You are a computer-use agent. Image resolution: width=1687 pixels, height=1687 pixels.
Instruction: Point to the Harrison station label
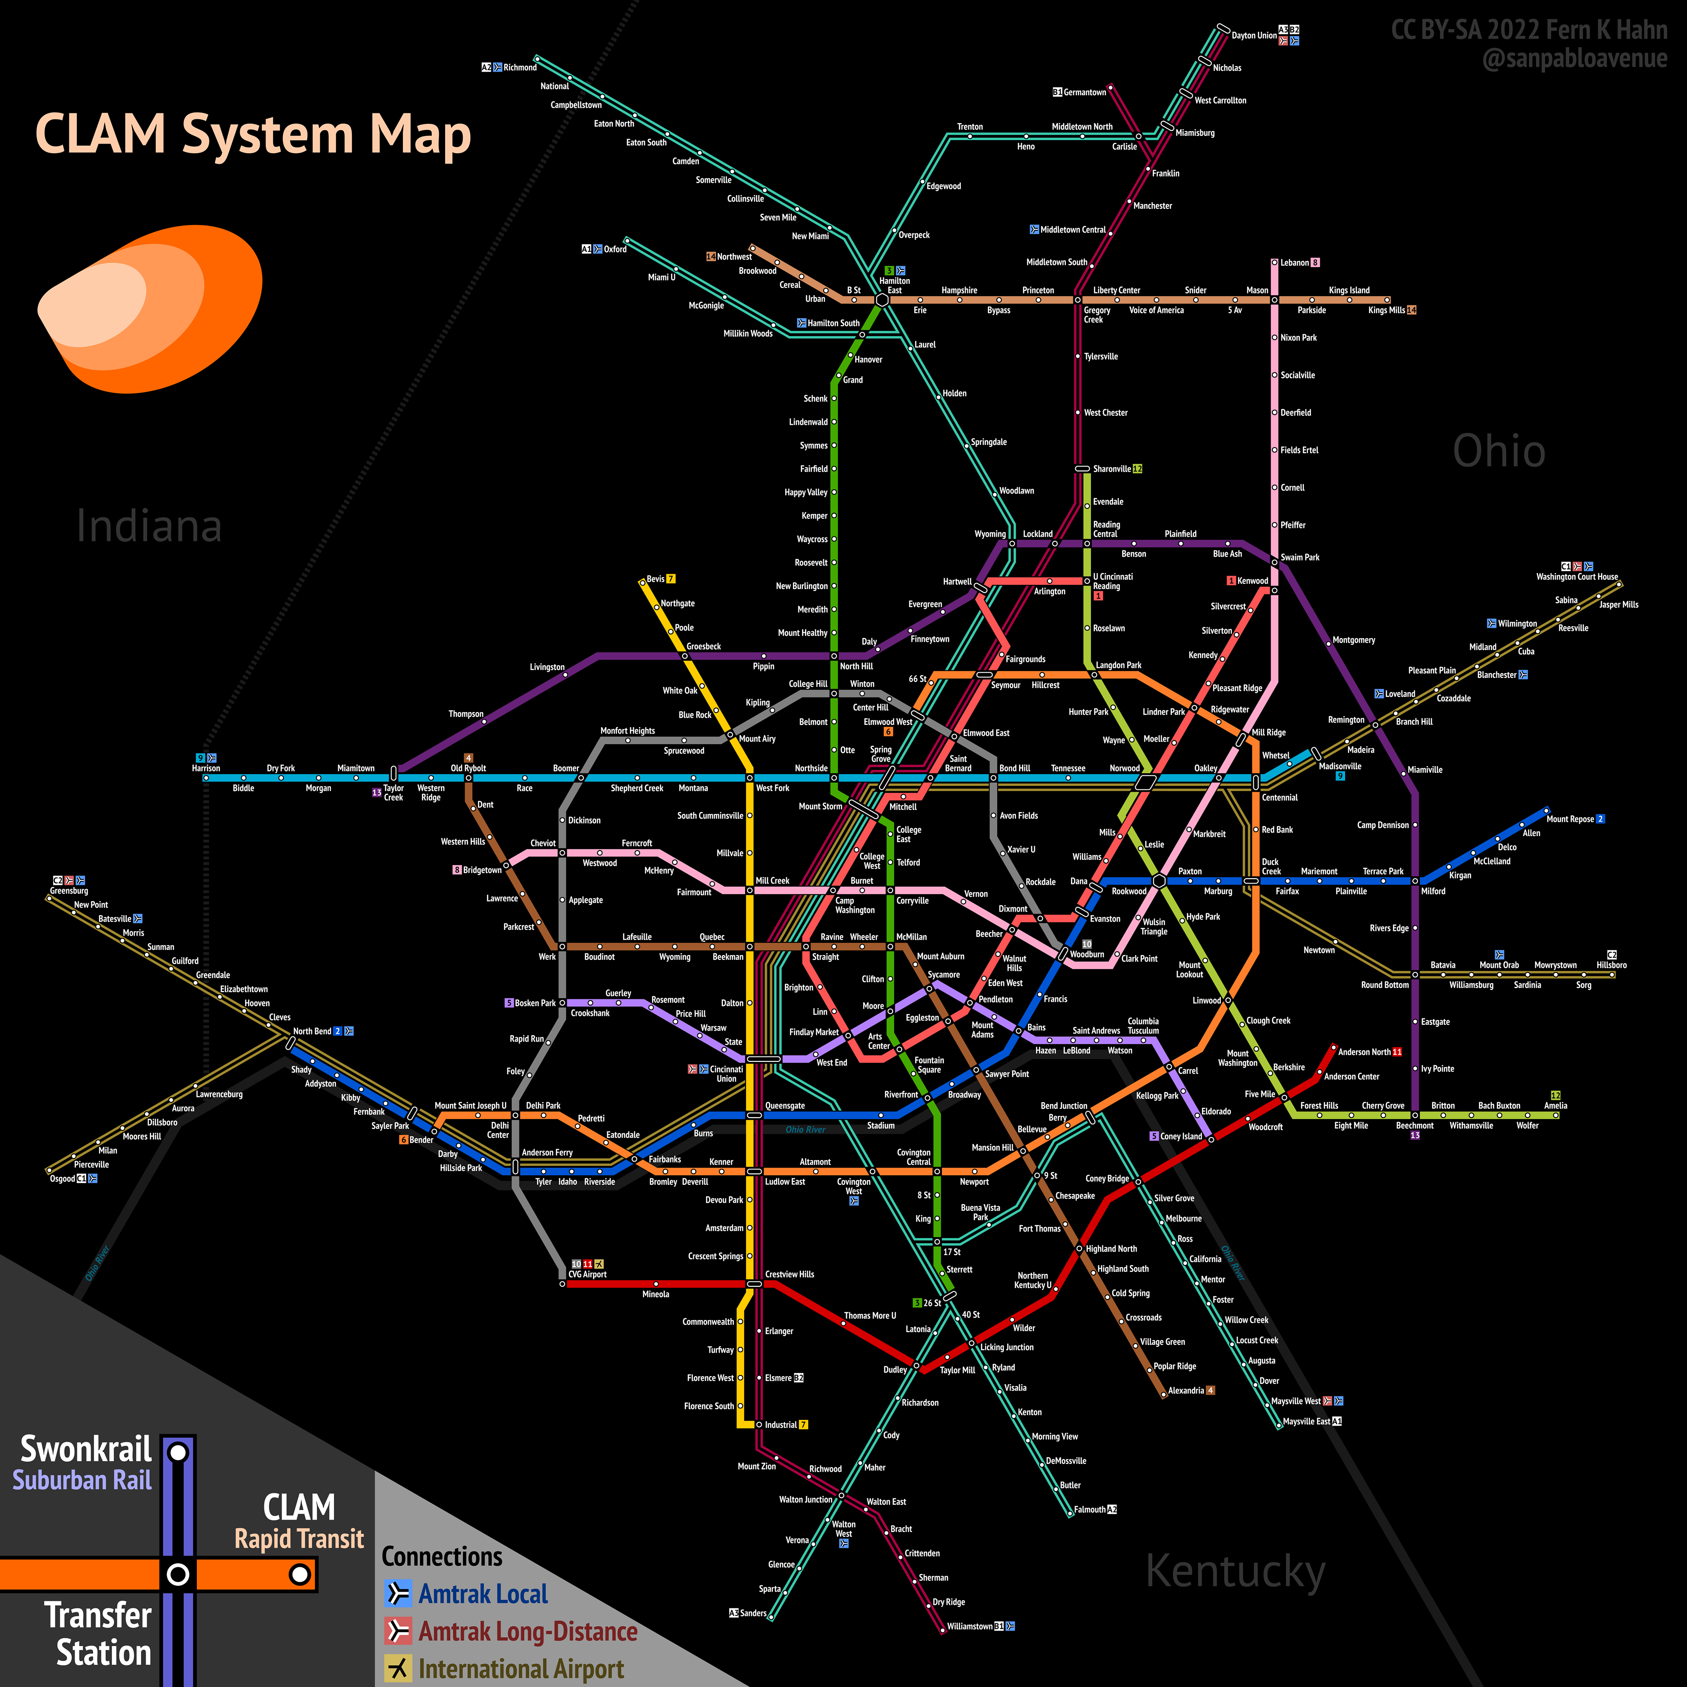[x=206, y=768]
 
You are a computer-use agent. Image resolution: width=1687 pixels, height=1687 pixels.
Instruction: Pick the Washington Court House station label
[x=1577, y=576]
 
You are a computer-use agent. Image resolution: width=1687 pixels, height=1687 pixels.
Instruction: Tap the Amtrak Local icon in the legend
[x=397, y=1593]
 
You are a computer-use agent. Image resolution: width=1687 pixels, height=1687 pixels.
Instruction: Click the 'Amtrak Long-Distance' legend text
[x=527, y=1631]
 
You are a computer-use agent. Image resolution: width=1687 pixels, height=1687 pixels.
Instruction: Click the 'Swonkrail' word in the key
[x=86, y=1448]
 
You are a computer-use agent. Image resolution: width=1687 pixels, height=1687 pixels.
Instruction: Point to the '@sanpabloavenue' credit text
[x=1575, y=58]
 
